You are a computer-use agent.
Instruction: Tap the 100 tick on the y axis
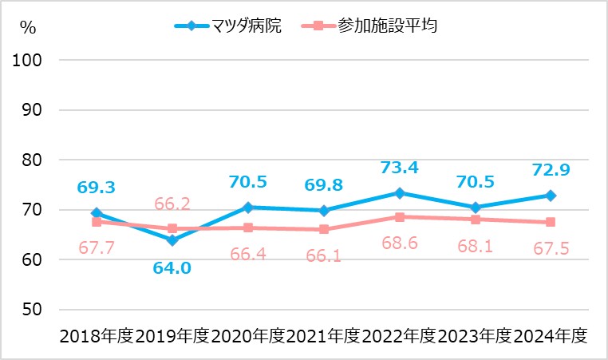tap(31, 61)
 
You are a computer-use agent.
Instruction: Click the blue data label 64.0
tap(172, 267)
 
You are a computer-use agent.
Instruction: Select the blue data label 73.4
tap(399, 167)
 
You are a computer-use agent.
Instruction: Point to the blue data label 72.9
tap(551, 169)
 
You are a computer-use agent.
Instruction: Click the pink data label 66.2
tap(172, 204)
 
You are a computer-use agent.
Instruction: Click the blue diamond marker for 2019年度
tap(172, 240)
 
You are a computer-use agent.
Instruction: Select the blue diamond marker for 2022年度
tap(399, 193)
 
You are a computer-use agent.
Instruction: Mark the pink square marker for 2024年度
tap(551, 222)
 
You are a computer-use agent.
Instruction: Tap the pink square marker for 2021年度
tap(323, 229)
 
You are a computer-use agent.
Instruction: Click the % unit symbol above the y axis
tap(29, 26)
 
